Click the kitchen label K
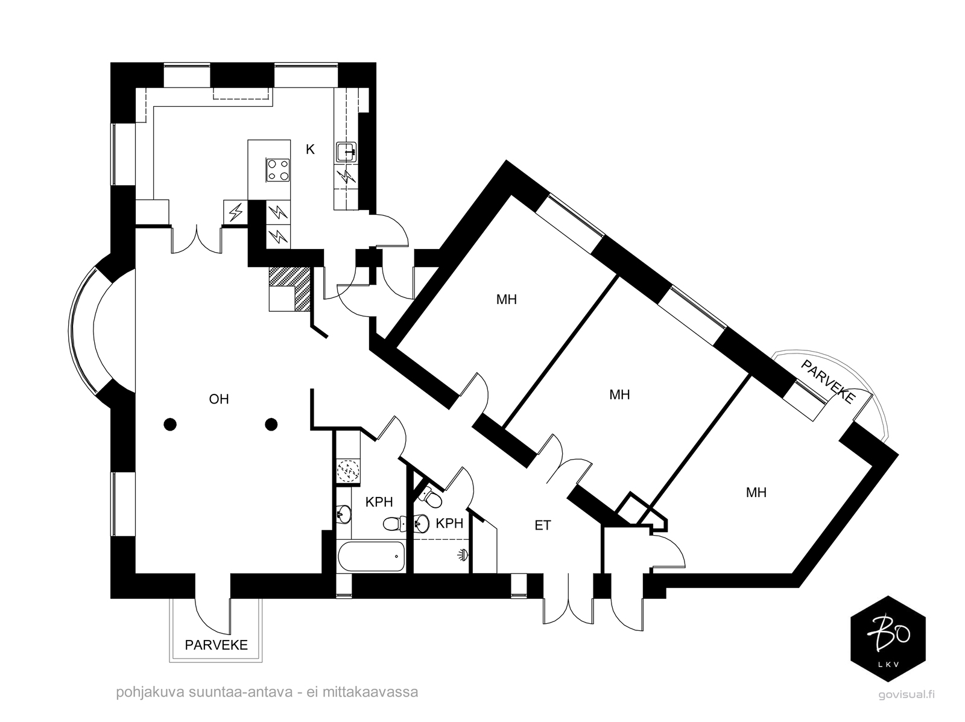pyautogui.click(x=310, y=150)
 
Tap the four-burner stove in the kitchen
pyautogui.click(x=278, y=169)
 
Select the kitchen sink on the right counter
pyautogui.click(x=346, y=151)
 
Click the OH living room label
pyautogui.click(x=219, y=399)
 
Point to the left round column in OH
pyautogui.click(x=171, y=425)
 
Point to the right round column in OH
pyautogui.click(x=271, y=425)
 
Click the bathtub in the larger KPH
pyautogui.click(x=371, y=557)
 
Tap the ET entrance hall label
pyautogui.click(x=542, y=525)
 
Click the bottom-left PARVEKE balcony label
pyautogui.click(x=216, y=645)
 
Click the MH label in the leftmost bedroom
pyautogui.click(x=507, y=299)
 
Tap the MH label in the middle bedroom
pyautogui.click(x=619, y=395)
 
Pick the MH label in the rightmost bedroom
pyautogui.click(x=756, y=493)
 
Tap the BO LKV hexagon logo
pyautogui.click(x=887, y=639)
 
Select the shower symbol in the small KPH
pyautogui.click(x=463, y=554)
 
